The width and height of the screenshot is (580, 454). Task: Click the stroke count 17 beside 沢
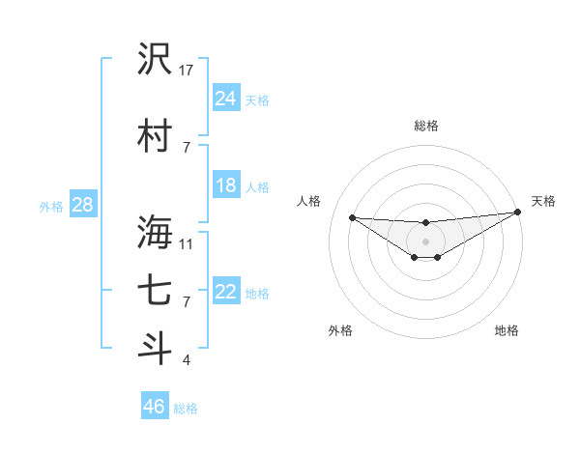point(187,70)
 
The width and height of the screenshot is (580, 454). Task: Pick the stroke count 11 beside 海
point(187,242)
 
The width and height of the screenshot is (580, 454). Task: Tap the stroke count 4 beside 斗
point(187,361)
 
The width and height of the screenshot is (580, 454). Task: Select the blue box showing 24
point(226,98)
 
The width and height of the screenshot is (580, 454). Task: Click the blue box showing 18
point(226,185)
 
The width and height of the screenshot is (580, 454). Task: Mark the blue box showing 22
point(226,292)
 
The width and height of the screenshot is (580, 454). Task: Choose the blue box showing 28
point(82,205)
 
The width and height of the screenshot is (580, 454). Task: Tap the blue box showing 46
point(155,407)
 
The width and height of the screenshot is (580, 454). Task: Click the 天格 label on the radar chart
point(543,201)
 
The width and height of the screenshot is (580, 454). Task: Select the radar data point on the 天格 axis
point(518,213)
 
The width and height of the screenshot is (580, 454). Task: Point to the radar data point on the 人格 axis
point(352,217)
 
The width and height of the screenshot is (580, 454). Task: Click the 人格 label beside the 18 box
point(257,186)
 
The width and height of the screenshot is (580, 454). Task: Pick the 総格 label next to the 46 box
point(186,409)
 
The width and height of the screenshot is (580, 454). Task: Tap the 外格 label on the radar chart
point(340,330)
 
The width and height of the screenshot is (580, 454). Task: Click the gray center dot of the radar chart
point(425,241)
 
